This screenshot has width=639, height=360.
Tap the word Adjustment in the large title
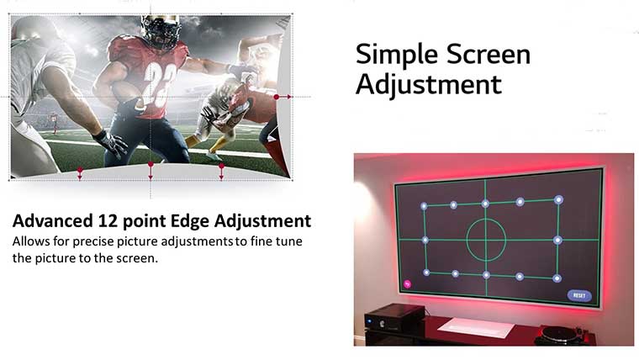coord(429,85)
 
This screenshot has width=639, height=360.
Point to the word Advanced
coord(53,220)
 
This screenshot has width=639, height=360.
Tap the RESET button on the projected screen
coord(579,295)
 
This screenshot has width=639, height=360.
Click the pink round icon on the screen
coord(407,283)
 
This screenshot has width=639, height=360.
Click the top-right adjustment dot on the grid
coord(558,200)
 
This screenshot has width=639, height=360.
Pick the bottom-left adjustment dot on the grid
coord(426,273)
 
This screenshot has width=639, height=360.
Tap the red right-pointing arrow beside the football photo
coord(283,97)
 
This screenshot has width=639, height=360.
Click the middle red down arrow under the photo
coord(151,171)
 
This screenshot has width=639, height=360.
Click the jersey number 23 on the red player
coord(160,83)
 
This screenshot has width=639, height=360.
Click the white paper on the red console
coord(476,326)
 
